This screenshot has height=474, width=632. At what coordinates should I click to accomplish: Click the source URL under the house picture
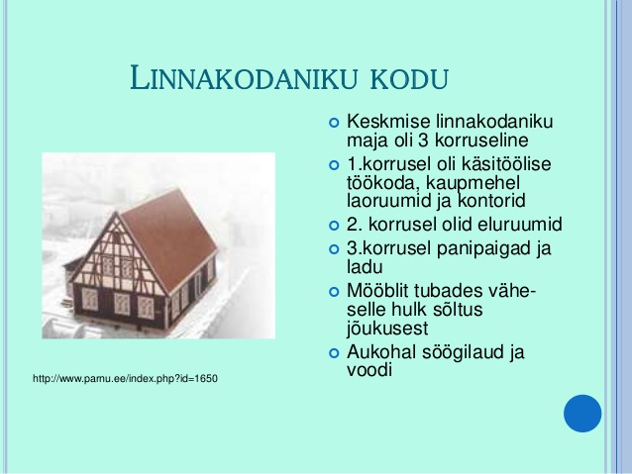pos(125,379)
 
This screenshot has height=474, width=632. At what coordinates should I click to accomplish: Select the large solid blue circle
pos(582,414)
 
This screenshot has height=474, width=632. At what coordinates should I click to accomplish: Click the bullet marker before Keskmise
pos(334,123)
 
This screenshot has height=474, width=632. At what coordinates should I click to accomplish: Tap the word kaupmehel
pos(473,183)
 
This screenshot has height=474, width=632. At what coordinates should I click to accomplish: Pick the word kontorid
pos(491,201)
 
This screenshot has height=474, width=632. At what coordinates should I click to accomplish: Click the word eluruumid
pos(519,225)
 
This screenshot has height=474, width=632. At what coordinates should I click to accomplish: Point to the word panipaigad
pos(482,248)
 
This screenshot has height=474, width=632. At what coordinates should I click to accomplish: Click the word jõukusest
pos(387,329)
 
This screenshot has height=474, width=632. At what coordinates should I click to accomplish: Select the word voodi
pos(369,370)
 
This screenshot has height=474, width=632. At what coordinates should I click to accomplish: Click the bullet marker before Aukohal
pos(334,353)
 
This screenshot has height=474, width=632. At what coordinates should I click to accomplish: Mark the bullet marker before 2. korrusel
pos(334,225)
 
